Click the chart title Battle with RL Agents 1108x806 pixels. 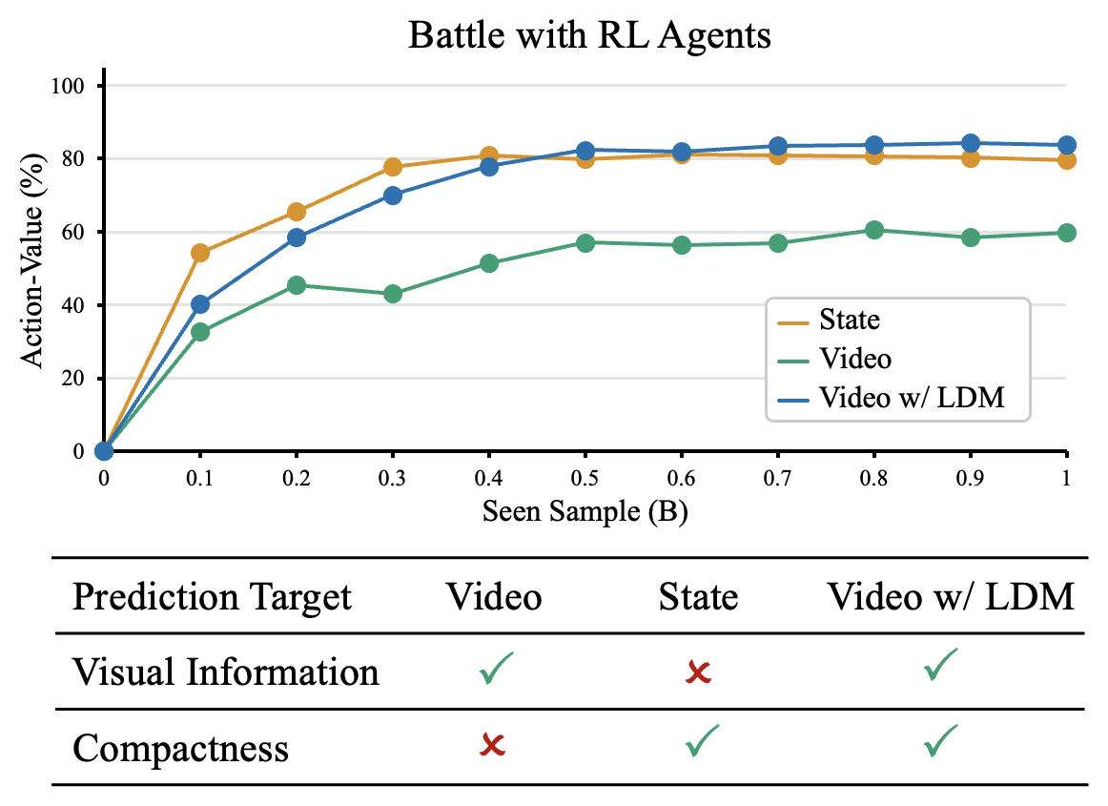tap(589, 34)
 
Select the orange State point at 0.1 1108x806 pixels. tap(200, 253)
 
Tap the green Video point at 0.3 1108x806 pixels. tap(393, 294)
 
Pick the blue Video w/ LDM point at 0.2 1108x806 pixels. tap(297, 238)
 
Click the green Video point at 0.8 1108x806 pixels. tap(874, 230)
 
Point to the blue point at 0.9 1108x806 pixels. tap(971, 143)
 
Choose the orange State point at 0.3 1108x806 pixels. tap(393, 167)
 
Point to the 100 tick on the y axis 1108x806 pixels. tap(67, 86)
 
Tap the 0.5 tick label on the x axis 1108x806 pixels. tap(585, 479)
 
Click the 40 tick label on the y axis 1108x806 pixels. tap(72, 305)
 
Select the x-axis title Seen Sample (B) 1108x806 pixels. tap(585, 511)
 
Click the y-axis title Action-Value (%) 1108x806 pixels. tap(31, 260)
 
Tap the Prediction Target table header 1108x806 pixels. tap(212, 597)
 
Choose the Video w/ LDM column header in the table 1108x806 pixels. tap(951, 597)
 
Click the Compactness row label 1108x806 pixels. tap(181, 748)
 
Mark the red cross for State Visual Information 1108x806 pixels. tap(698, 672)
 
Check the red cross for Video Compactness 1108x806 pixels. tap(493, 745)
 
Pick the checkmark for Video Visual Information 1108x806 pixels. tap(495, 668)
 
